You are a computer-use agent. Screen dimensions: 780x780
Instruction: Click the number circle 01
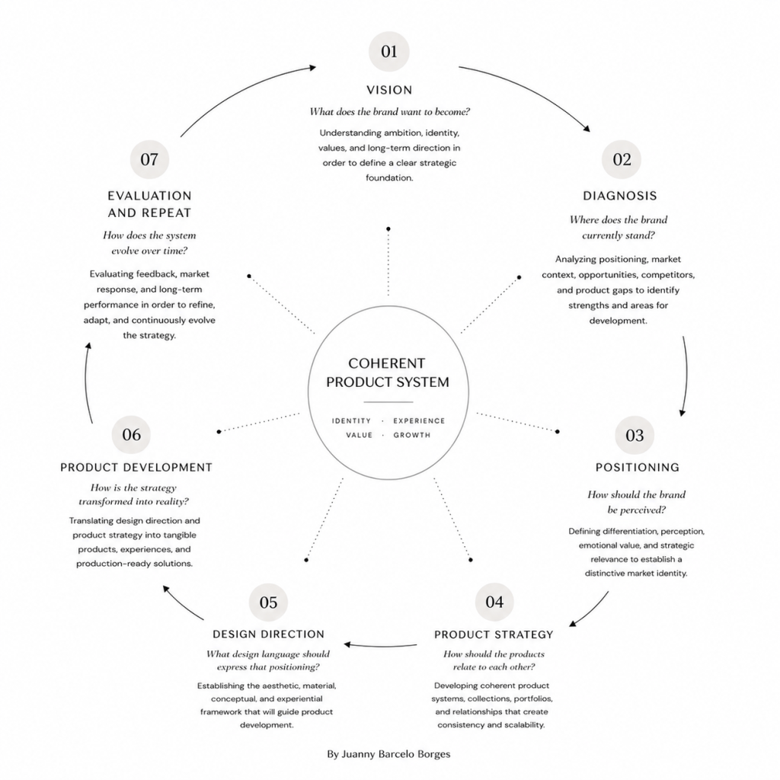(389, 51)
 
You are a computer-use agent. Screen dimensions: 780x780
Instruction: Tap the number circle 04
(494, 602)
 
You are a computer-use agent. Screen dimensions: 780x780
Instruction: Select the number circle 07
(149, 159)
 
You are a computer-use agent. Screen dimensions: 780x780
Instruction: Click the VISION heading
(389, 90)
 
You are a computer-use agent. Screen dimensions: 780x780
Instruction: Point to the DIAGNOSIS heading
(620, 196)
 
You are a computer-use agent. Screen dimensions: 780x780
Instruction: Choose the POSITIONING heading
(638, 468)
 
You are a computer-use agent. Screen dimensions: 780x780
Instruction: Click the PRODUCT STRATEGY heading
(494, 635)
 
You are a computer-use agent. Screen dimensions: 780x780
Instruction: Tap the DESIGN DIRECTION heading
(269, 635)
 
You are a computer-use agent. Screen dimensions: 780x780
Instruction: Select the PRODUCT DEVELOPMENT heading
(136, 468)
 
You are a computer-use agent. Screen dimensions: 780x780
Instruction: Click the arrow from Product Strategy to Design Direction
(381, 646)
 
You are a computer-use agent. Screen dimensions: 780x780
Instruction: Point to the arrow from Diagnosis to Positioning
(686, 376)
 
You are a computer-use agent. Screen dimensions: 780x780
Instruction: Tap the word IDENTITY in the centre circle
(351, 420)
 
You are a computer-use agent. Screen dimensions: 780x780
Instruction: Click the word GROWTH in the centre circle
(412, 435)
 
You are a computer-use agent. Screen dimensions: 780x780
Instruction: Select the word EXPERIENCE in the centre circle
(419, 420)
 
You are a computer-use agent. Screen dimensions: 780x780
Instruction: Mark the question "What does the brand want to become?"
(389, 112)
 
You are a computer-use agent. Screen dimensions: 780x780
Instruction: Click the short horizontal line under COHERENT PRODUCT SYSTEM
(388, 402)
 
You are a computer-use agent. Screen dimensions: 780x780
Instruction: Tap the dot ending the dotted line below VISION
(388, 229)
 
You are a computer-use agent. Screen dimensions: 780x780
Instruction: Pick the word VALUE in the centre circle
(360, 435)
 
